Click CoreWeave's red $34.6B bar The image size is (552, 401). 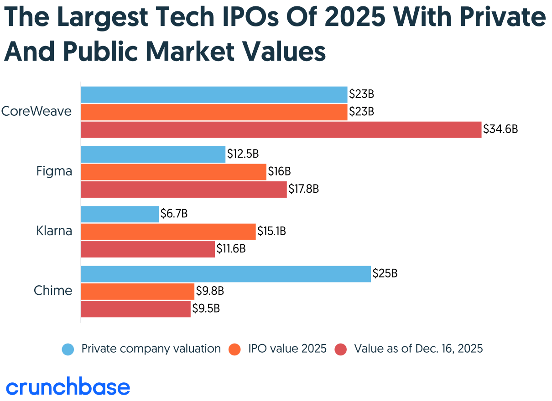(281, 129)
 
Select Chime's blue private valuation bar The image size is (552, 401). (225, 274)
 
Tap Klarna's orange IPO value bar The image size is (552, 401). (168, 231)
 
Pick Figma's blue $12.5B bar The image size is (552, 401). (153, 154)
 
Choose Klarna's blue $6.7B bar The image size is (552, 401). (120, 214)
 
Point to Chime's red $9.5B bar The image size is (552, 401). (135, 309)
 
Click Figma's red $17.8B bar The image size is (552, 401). (183, 189)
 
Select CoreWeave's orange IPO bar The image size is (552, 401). (214, 112)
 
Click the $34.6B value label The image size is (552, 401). (500, 129)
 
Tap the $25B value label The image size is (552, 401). (385, 274)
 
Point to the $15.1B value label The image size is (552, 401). (271, 231)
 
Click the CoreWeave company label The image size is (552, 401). (36, 111)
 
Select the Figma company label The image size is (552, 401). (54, 172)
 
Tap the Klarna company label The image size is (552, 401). (54, 231)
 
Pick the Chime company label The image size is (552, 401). (53, 291)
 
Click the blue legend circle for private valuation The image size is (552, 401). (68, 350)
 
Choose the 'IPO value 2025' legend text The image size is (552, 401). (287, 349)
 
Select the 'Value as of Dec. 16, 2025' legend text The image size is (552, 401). (418, 349)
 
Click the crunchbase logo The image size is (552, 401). (68, 387)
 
